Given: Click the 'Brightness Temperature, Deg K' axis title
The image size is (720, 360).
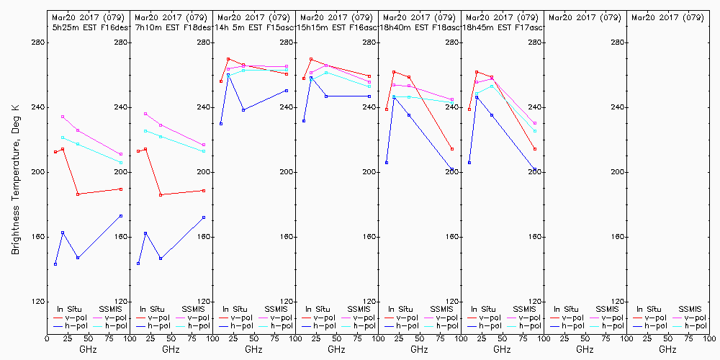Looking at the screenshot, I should pyautogui.click(x=15, y=179).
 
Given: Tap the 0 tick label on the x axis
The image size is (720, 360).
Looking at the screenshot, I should pyautogui.click(x=47, y=337).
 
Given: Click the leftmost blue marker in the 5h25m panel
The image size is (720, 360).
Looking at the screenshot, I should pyautogui.click(x=55, y=264).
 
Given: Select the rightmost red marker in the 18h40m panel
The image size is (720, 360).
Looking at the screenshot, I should pyautogui.click(x=452, y=149).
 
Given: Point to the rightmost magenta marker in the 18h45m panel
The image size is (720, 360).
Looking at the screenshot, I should pyautogui.click(x=535, y=123).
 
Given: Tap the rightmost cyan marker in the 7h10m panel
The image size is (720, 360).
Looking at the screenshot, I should pyautogui.click(x=204, y=151).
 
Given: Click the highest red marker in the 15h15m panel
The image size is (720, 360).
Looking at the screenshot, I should pyautogui.click(x=311, y=59).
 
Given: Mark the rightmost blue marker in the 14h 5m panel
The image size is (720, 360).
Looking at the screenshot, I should pyautogui.click(x=287, y=91).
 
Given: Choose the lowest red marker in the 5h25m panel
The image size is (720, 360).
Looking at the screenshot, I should pyautogui.click(x=78, y=194).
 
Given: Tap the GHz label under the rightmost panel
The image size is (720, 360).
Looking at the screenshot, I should pyautogui.click(x=667, y=349).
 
